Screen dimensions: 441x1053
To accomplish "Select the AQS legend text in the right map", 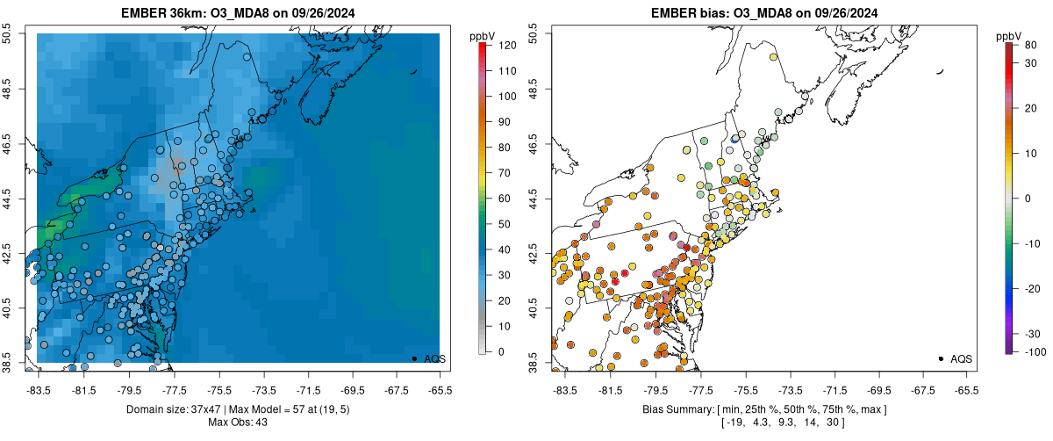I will (x=962, y=358).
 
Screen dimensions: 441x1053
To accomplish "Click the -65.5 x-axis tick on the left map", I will (x=440, y=389).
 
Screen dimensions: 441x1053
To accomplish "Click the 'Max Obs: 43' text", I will (x=238, y=423).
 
